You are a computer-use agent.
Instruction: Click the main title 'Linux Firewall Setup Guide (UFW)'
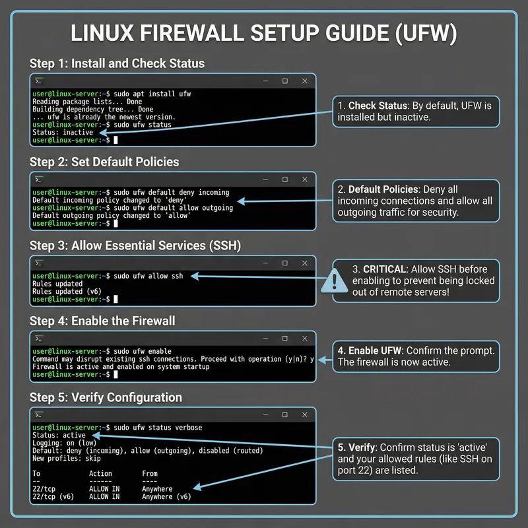(x=264, y=34)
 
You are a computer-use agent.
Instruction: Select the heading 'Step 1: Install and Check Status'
(x=117, y=64)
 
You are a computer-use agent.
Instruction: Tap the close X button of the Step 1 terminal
(x=304, y=81)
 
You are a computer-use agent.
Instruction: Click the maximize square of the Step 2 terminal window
(x=284, y=179)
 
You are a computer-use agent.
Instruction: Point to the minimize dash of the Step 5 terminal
(x=265, y=414)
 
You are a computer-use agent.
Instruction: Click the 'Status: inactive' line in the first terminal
(x=63, y=132)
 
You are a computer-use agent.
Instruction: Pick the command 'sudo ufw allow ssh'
(x=148, y=276)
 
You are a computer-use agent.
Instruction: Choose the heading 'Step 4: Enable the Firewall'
(x=102, y=321)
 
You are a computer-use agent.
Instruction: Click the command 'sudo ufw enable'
(x=143, y=351)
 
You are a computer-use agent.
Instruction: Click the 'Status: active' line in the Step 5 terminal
(x=59, y=435)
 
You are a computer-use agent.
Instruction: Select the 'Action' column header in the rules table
(x=100, y=473)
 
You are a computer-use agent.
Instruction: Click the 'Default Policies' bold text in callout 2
(x=385, y=189)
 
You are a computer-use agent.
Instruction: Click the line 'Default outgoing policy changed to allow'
(x=106, y=215)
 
